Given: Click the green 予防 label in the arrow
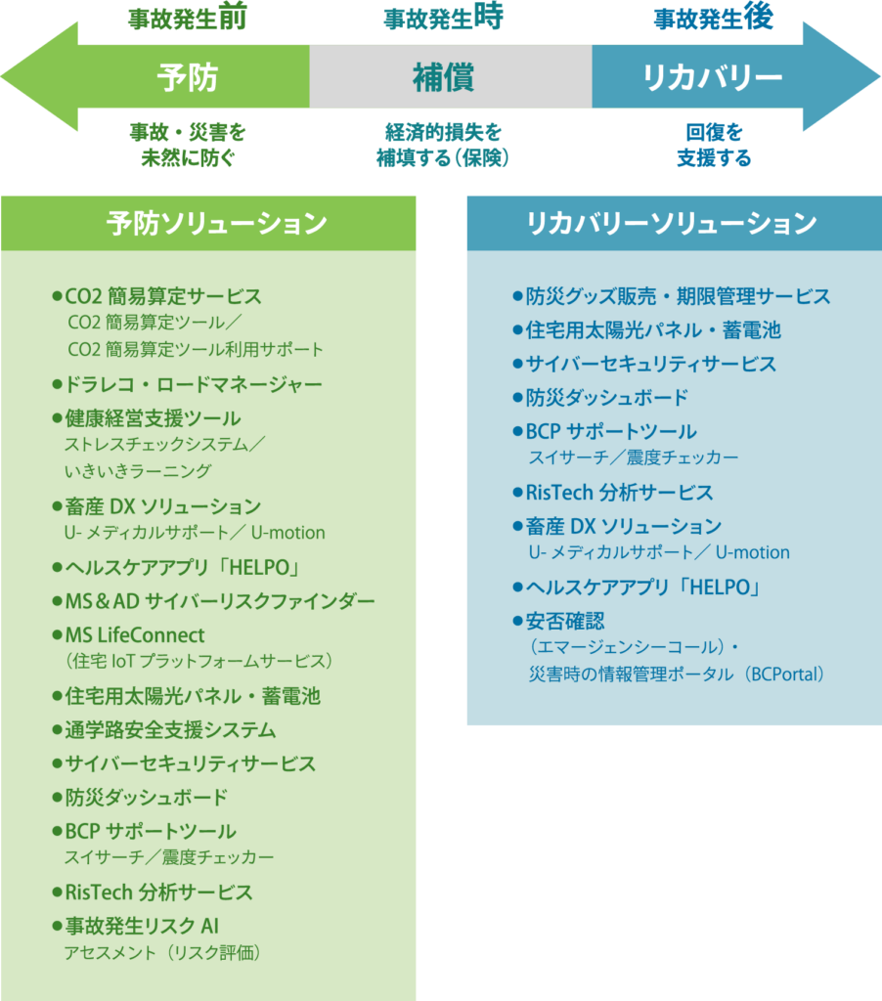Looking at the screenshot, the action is [x=187, y=77].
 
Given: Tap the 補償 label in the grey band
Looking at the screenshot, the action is [x=443, y=77].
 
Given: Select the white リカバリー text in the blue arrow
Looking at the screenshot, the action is [x=712, y=77].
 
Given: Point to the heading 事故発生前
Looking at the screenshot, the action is [x=187, y=18].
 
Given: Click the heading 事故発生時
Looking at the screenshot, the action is [x=443, y=18].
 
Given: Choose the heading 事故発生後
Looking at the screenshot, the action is [x=714, y=18].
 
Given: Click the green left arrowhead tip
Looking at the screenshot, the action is [x=2, y=76].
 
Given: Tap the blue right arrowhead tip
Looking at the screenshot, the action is [x=879, y=76].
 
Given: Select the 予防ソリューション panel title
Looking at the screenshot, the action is [x=216, y=224].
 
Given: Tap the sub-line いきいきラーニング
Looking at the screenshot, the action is [x=137, y=471].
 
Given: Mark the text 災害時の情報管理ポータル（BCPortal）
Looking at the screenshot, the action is [x=677, y=675].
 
